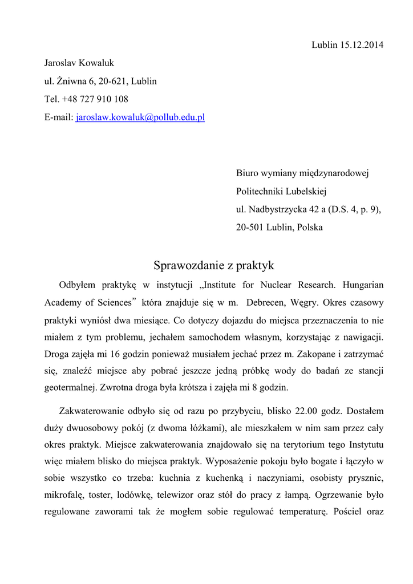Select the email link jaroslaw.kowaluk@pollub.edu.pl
coord(140,117)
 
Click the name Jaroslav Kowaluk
coord(79,63)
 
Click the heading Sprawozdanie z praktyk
coord(214,265)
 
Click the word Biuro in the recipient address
coord(248,173)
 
